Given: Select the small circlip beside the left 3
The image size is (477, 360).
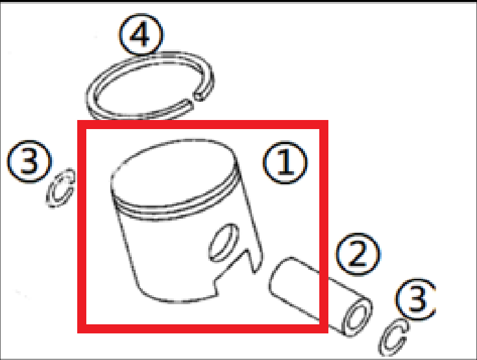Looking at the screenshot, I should (x=62, y=189).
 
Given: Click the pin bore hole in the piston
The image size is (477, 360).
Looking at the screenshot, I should (x=222, y=242).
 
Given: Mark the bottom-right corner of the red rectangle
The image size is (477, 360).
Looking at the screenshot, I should (x=324, y=330).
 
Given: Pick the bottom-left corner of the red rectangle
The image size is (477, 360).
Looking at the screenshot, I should (x=80, y=330).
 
